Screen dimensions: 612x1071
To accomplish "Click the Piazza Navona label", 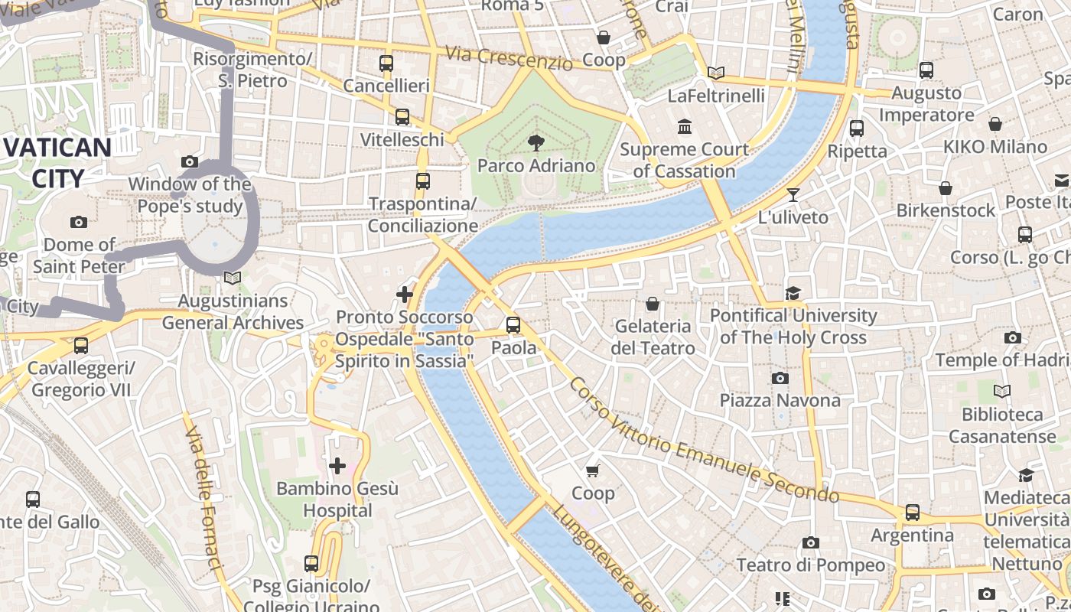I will [780, 400].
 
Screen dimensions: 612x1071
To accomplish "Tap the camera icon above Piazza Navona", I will [780, 378].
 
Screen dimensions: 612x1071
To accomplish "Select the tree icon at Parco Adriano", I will [536, 142].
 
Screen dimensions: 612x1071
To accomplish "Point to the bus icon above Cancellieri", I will [386, 63].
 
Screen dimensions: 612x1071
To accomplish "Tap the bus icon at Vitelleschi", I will [402, 117].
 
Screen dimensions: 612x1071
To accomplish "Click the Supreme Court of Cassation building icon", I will [685, 126].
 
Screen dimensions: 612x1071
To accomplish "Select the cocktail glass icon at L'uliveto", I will [793, 195].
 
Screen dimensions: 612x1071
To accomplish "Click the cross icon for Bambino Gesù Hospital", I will [337, 465].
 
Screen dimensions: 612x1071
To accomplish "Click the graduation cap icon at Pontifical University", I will [793, 293].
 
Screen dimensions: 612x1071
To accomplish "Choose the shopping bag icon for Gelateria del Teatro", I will [653, 304].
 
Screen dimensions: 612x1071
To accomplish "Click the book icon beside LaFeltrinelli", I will [716, 73].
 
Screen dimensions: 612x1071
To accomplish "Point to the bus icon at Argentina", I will [913, 513].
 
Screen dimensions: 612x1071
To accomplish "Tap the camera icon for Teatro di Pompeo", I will [811, 543].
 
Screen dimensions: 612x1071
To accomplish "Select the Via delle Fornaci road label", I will [203, 498].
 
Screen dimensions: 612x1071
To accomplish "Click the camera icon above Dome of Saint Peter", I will [79, 223].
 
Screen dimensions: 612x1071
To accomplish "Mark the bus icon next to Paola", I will [513, 325].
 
